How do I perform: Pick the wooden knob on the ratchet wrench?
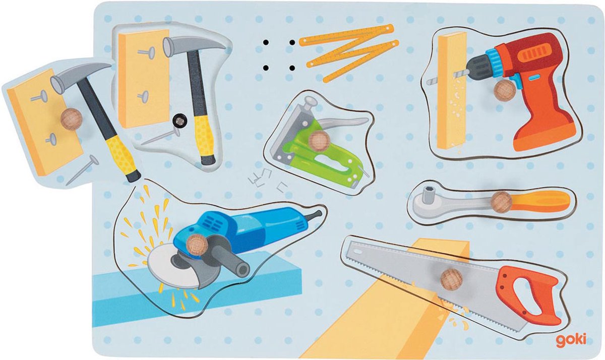tap(502, 202)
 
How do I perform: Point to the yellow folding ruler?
tap(349, 52)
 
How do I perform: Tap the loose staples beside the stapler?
tap(267, 179)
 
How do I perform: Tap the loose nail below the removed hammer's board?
tap(82, 170)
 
